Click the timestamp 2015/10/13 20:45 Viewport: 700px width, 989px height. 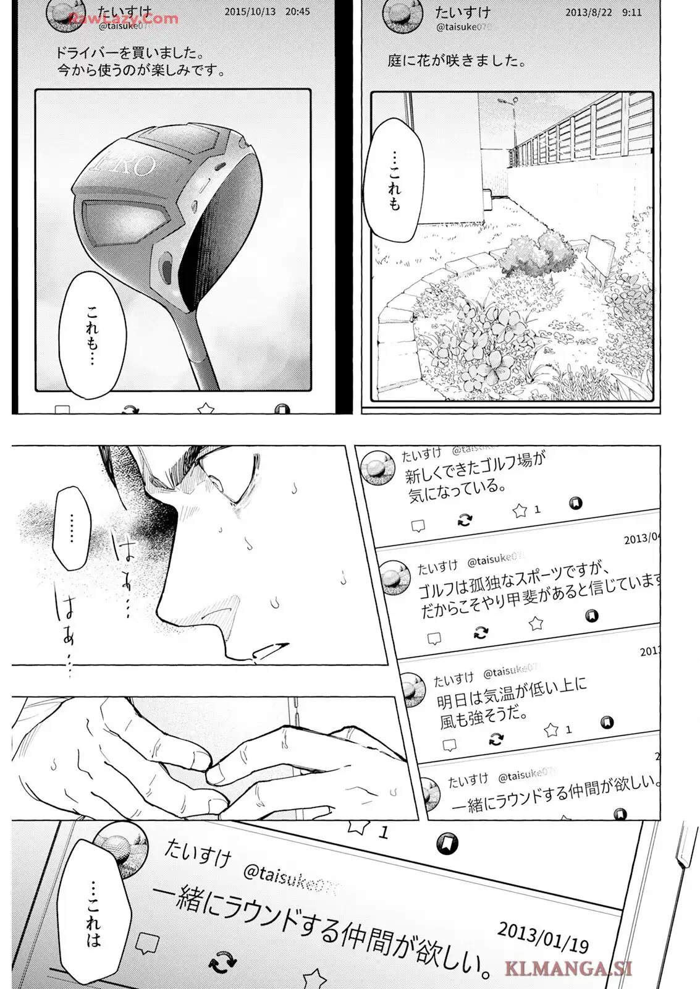(x=267, y=12)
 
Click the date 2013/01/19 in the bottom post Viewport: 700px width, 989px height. (x=542, y=933)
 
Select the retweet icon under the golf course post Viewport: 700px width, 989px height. (x=465, y=520)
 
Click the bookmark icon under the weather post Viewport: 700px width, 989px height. (x=607, y=722)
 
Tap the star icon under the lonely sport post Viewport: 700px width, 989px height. (x=536, y=623)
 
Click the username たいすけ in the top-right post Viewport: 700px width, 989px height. (x=462, y=12)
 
